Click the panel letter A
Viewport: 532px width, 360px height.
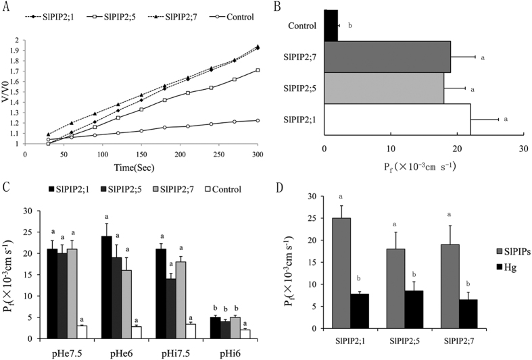7,6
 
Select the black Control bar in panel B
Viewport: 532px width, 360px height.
331,26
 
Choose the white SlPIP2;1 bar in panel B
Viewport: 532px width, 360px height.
397,120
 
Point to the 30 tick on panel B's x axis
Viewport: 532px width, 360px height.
523,149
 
